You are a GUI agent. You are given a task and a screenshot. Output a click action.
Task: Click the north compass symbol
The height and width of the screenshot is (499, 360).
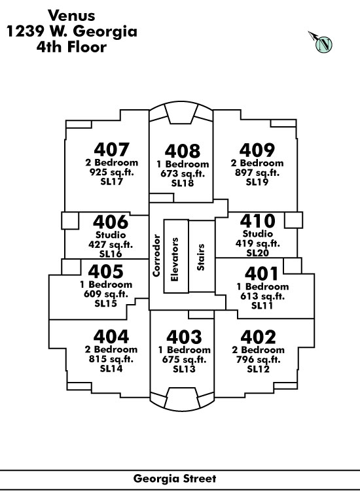(321, 42)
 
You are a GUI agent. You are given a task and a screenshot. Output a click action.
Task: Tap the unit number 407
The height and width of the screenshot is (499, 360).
(111, 149)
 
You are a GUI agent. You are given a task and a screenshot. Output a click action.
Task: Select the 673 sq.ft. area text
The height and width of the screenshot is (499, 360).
(183, 174)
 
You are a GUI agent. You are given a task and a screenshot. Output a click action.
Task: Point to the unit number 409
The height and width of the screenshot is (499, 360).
(257, 150)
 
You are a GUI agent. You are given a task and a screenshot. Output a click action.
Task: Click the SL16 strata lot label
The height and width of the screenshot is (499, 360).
(111, 254)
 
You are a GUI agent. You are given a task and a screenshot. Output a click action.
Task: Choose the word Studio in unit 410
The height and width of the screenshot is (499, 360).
(258, 234)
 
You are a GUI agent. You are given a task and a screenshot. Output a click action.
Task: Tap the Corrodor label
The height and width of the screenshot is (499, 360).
(156, 256)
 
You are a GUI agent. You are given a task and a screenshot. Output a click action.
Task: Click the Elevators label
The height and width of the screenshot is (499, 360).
(175, 260)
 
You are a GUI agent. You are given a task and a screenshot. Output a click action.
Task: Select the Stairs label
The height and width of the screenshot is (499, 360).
(201, 258)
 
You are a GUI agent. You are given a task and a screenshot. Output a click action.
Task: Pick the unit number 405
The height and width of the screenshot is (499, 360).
(106, 271)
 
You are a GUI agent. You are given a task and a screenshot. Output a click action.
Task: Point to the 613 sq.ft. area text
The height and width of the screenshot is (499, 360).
(262, 296)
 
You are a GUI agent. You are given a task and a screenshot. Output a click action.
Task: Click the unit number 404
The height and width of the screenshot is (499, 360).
(111, 336)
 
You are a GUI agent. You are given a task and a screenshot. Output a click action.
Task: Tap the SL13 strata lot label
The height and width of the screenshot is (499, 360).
(184, 369)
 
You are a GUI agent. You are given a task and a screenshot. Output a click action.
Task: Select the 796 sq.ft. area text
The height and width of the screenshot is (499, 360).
(259, 360)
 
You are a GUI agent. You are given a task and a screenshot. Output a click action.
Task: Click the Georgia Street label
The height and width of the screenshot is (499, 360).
(175, 479)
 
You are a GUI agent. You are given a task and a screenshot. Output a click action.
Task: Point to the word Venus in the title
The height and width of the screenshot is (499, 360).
(71, 16)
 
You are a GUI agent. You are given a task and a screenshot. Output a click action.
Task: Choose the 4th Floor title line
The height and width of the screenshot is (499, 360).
(71, 47)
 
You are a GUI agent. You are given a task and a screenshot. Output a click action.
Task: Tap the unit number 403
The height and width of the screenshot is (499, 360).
(184, 337)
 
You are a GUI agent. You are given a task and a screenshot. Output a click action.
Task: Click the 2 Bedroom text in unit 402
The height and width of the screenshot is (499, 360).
(259, 350)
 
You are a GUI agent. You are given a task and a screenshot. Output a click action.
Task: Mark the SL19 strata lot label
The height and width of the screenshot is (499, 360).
(257, 182)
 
